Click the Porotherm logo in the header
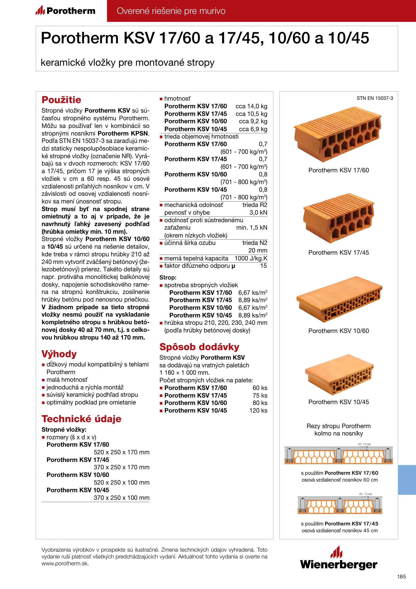tap(65, 11)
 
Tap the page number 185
tap(401, 577)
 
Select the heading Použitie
tap(61, 100)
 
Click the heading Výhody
tap(59, 354)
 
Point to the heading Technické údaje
tap(81, 419)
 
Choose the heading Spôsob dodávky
tap(199, 347)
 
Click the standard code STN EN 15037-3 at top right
tap(375, 98)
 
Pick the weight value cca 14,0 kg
tap(251, 106)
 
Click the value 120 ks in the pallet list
tap(258, 410)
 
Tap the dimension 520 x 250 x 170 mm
tap(122, 452)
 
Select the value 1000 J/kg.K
tap(251, 258)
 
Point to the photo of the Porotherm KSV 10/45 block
tap(339, 375)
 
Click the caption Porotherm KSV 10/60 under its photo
tap(339, 331)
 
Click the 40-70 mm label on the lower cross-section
tap(365, 494)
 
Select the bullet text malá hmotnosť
tap(67, 380)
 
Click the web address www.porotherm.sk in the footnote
tap(65, 564)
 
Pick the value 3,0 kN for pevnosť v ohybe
tap(258, 213)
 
